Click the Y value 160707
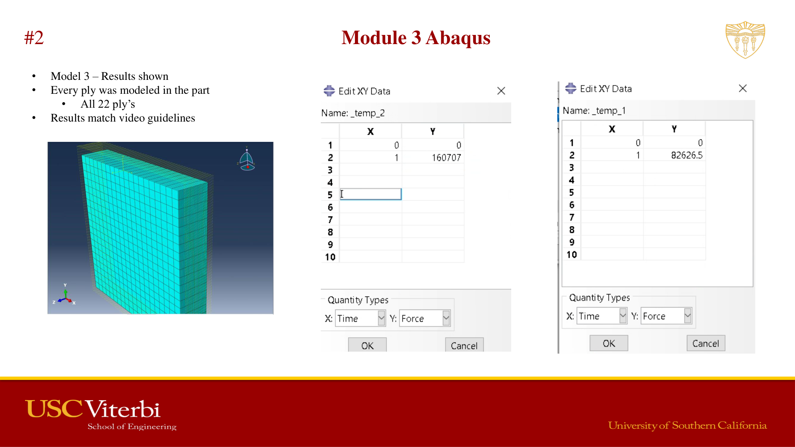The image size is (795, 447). pyautogui.click(x=446, y=158)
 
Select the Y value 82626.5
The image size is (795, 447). pyautogui.click(x=686, y=155)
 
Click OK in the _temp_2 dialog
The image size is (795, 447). pyautogui.click(x=367, y=345)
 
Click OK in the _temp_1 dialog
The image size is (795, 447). pyautogui.click(x=609, y=343)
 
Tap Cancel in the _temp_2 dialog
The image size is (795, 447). pyautogui.click(x=464, y=345)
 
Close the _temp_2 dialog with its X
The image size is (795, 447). pyautogui.click(x=501, y=91)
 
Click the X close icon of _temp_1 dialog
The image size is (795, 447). pyautogui.click(x=743, y=88)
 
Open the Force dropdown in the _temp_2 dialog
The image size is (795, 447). pyautogui.click(x=446, y=318)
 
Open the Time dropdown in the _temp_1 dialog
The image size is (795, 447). pyautogui.click(x=622, y=316)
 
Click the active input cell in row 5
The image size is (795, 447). pyautogui.click(x=370, y=194)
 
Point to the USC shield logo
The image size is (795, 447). pyautogui.click(x=745, y=40)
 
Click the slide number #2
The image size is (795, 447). pyautogui.click(x=34, y=38)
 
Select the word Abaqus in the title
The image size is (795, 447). pyautogui.click(x=458, y=38)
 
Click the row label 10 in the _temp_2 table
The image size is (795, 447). pyautogui.click(x=330, y=257)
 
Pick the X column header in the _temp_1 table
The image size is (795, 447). pyautogui.click(x=612, y=129)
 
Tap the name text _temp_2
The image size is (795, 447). pyautogui.click(x=367, y=113)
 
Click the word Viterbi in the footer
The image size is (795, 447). pyautogui.click(x=123, y=409)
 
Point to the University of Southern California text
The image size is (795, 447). pyautogui.click(x=687, y=426)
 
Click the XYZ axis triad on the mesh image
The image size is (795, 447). pyautogui.click(x=64, y=296)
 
